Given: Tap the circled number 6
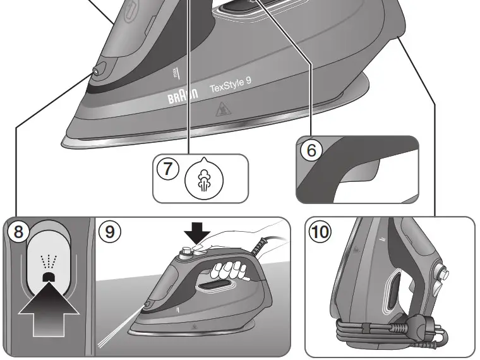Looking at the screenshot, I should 311,151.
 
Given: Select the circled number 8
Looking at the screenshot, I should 18,232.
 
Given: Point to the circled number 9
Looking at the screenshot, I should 110,232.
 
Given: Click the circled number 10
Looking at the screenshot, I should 320,232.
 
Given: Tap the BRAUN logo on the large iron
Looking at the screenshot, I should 182,97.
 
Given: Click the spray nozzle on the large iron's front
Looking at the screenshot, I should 95,72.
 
